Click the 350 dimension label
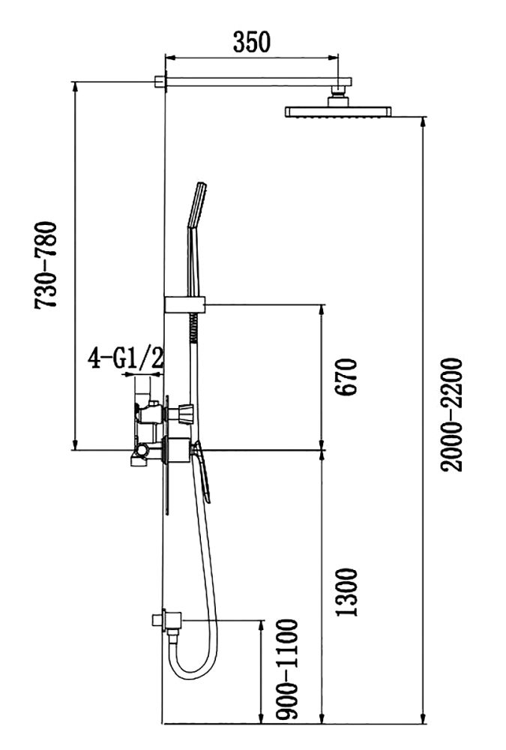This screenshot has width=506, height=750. tap(251, 43)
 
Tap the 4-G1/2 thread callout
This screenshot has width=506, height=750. tap(125, 358)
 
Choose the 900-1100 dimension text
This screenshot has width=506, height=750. tap(286, 670)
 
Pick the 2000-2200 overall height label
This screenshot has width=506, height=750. tap(451, 414)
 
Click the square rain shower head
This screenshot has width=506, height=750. tap(337, 112)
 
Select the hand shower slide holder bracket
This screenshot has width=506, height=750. tap(184, 304)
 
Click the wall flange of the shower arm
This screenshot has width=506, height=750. tap(160, 81)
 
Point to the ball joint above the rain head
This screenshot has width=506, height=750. tap(339, 96)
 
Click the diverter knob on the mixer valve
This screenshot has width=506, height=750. tap(185, 412)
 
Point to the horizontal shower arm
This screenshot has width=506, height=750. tap(255, 80)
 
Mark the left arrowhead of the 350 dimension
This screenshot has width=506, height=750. tap(168, 57)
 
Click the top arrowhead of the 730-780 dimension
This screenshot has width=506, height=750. tap(75, 85)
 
